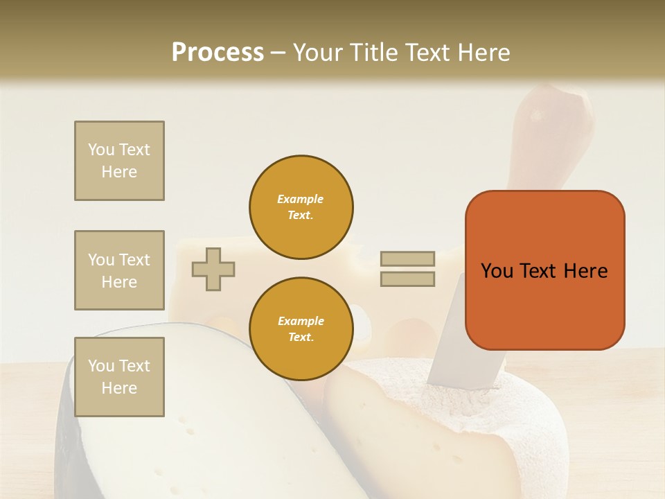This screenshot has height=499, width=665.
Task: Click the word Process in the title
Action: click(218, 53)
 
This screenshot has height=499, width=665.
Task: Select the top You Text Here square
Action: click(119, 161)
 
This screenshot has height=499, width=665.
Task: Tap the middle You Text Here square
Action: click(119, 270)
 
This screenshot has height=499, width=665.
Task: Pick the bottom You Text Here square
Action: click(119, 377)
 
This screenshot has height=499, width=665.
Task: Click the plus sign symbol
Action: click(213, 269)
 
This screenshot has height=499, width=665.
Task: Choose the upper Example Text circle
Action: click(301, 207)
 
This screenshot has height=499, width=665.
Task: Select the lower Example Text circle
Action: click(301, 329)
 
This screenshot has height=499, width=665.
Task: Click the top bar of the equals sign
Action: click(408, 259)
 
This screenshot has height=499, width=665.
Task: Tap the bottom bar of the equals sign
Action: click(408, 279)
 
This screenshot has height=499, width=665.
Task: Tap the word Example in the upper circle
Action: click(301, 199)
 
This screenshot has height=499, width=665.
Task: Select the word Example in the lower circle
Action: click(301, 321)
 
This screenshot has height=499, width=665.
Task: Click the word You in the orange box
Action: click(497, 271)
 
